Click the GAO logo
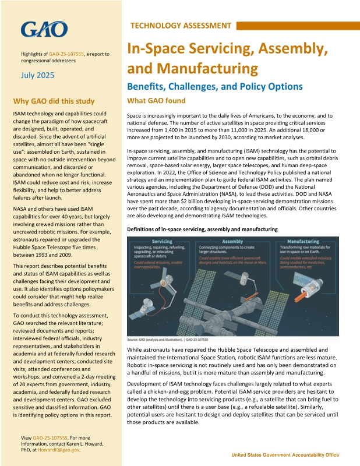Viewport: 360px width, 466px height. tap(44, 29)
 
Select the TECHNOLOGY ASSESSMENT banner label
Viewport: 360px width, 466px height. tap(181, 26)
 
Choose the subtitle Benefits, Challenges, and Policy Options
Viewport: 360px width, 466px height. tap(214, 87)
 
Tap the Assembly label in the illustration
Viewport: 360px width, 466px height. tap(233, 241)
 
